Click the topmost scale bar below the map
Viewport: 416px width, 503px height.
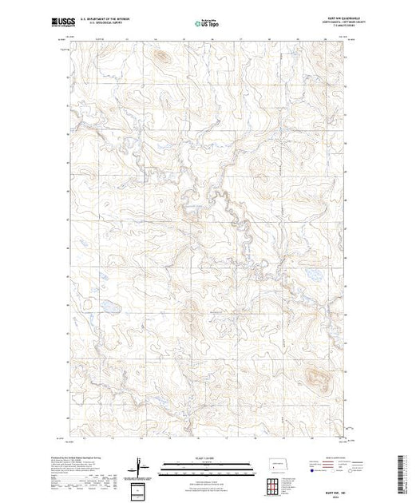pyautogui.click(x=207, y=462)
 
